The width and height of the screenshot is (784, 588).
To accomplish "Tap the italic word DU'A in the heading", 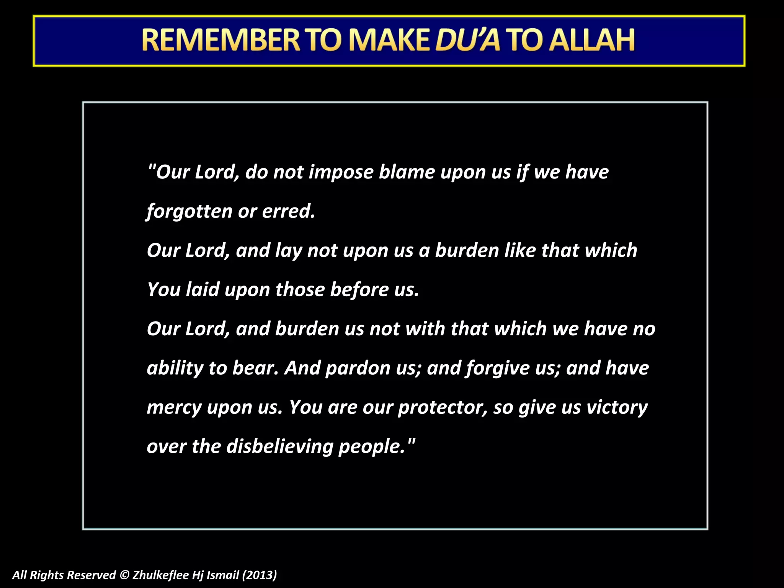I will (467, 40).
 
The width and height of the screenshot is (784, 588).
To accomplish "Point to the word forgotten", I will (189, 212).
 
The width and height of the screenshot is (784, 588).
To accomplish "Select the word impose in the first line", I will (341, 173).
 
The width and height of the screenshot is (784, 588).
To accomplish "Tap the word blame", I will (407, 172).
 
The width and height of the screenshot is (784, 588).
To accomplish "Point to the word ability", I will (175, 369).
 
